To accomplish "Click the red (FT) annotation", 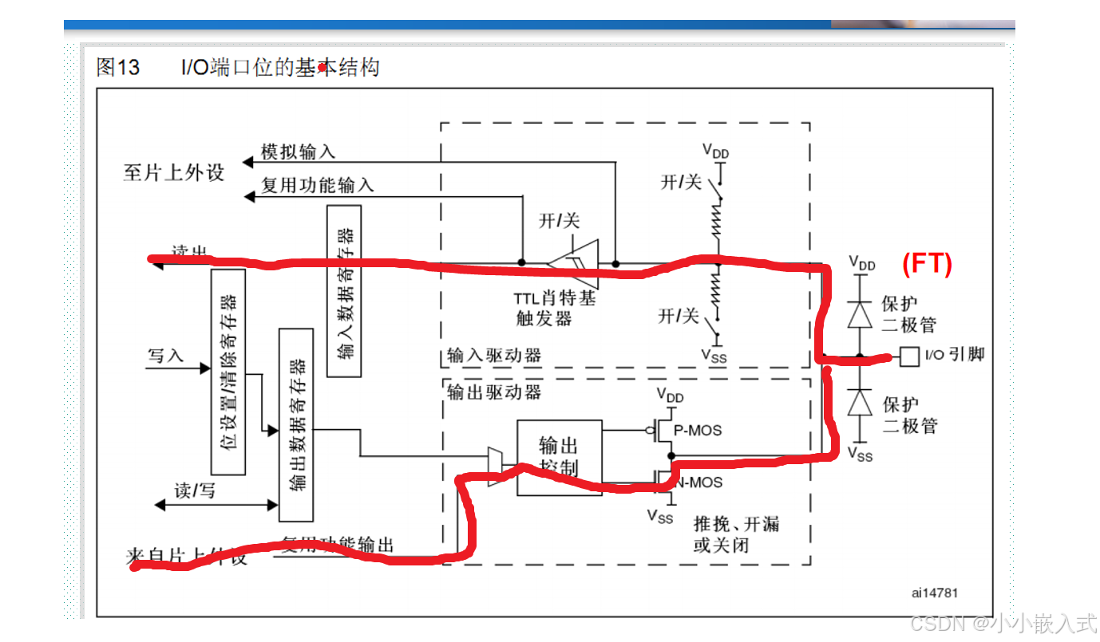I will [x=927, y=264].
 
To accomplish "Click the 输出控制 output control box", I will [x=559, y=457].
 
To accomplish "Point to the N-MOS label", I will [x=700, y=482].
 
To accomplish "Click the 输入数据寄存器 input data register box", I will [x=344, y=291].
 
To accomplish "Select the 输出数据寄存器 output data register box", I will [x=296, y=424].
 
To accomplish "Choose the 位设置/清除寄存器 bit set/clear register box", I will [x=228, y=372].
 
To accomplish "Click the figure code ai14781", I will [x=934, y=593].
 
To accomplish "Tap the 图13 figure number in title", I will [x=118, y=68].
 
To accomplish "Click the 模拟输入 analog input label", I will [x=299, y=152].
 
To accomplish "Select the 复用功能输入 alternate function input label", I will [x=318, y=186].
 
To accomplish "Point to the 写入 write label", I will [x=165, y=356].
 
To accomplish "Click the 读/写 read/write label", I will [x=195, y=490].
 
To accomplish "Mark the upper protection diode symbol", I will [x=860, y=315].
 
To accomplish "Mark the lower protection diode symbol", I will [x=860, y=403].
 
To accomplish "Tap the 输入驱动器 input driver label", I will [x=493, y=355].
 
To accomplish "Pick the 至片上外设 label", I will [x=174, y=172].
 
